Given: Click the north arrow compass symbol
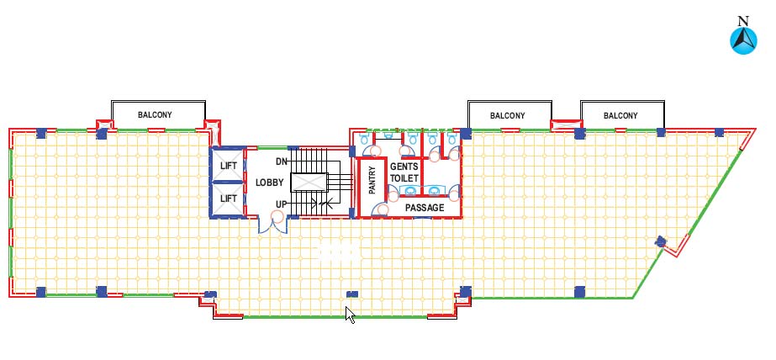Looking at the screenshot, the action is coord(743,41).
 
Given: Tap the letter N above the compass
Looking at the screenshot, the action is coord(743,21).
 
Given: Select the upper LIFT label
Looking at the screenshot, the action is coord(229,166).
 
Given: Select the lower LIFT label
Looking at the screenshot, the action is coord(229,199).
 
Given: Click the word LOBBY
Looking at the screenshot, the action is coord(270,183).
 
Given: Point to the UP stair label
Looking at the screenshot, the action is coord(282,204).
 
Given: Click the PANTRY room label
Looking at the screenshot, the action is coord(372,180).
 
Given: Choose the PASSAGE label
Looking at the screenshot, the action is coord(425,208).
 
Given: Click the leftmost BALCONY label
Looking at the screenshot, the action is coord(155,115).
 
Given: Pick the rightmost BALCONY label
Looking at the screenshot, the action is coord(620,116).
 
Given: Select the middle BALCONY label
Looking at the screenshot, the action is coord(507,116).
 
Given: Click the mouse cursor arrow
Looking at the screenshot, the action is coord(350,315).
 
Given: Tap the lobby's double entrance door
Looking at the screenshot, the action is coord(273,225).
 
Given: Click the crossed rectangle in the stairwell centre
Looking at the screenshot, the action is coord(309,182).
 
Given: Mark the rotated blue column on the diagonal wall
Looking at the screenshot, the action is coord(660,241).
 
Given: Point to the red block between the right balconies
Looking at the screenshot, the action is coord(566,124).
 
